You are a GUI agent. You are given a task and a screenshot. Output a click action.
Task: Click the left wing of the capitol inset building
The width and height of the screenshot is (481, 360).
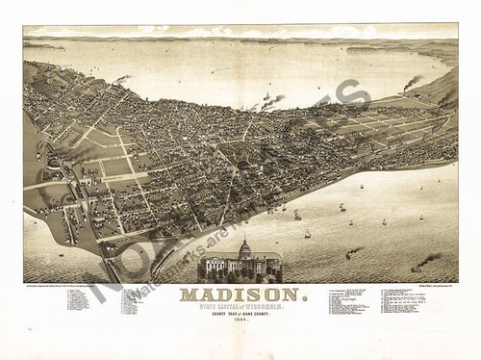tap(214, 266)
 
